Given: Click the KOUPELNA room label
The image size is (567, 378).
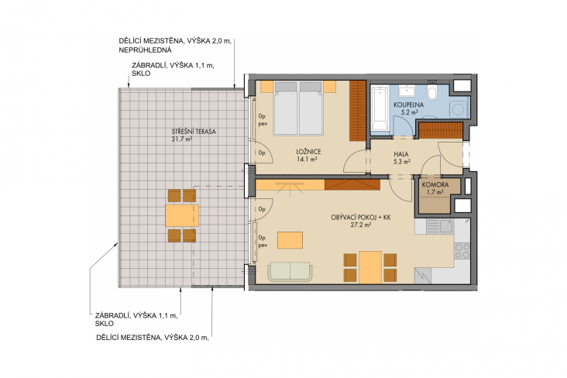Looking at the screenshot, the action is click(x=409, y=105).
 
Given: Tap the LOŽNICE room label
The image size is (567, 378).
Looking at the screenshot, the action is click(x=308, y=152).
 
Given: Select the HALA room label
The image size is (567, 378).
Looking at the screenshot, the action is click(x=401, y=154).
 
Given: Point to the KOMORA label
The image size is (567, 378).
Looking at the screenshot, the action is click(x=435, y=184).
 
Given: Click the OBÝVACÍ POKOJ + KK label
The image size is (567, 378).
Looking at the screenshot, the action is click(x=361, y=218).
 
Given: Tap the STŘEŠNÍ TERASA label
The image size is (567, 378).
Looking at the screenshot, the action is click(x=194, y=132).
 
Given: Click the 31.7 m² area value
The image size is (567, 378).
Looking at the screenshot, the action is click(x=182, y=139).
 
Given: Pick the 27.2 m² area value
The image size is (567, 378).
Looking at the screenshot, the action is click(x=361, y=225).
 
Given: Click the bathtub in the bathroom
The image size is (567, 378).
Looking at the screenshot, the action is click(x=380, y=108).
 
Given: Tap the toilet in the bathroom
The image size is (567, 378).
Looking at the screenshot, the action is click(x=431, y=93).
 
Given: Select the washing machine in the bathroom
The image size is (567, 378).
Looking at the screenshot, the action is click(x=459, y=108).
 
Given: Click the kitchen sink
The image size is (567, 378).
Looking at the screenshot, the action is click(x=439, y=226).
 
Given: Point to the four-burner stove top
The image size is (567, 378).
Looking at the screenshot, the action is click(x=462, y=251).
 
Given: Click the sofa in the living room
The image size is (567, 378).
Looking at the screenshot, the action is click(x=290, y=272).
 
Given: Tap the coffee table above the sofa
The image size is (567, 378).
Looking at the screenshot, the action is click(x=290, y=240).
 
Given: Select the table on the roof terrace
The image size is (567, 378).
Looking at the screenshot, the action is click(x=182, y=215).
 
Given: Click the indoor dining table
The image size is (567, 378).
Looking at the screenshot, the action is click(x=370, y=267).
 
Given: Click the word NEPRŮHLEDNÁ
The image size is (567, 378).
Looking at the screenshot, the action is click(x=146, y=50).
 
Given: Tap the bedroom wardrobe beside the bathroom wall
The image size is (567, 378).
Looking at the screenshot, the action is click(x=358, y=111).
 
